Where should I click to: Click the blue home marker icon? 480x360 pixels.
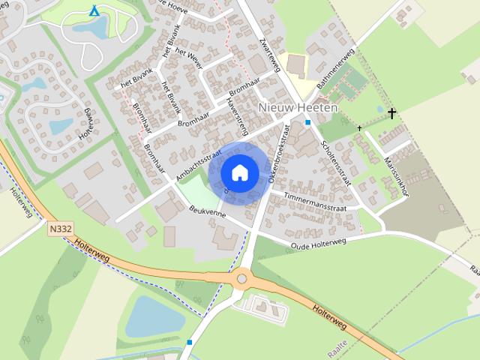pos(239,172)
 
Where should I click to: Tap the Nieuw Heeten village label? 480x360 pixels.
pos(298,108)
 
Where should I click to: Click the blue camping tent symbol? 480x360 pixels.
pos(94,11)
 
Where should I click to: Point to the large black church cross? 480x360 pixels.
pos(391,113)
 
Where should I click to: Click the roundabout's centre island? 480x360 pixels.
pos(241,279)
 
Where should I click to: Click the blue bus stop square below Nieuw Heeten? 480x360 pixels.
pos(307,122)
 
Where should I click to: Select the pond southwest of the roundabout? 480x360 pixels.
pos(154,316)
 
